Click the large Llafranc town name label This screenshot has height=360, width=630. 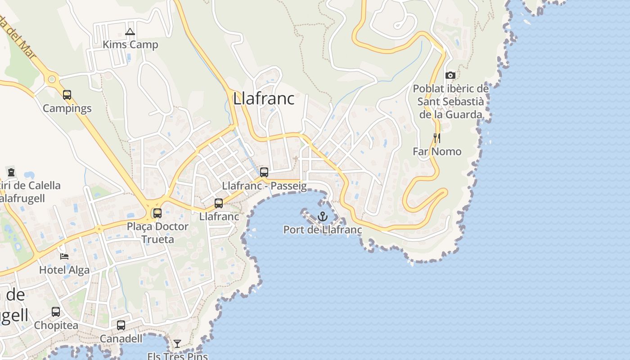tap(264, 99)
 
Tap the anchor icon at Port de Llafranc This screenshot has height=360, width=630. tap(322, 216)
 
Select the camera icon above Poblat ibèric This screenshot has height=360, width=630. tap(450, 75)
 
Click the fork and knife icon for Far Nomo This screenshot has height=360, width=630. tap(436, 138)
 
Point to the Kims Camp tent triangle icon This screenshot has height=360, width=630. tap(130, 31)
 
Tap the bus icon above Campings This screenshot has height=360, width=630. tap(67, 95)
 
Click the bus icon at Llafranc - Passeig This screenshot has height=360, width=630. tap(264, 172)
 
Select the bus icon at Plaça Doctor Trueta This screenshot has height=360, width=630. tap(157, 213)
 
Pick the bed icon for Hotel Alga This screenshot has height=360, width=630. tap(64, 256)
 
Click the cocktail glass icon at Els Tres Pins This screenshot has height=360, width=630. tap(177, 344)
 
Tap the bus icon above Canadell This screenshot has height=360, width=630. tap(121, 325)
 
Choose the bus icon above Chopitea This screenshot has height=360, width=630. tap(56, 312)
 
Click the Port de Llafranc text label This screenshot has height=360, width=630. tap(322, 230)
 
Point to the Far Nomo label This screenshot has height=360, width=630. tap(437, 152)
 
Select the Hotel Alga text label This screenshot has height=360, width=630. tap(64, 270)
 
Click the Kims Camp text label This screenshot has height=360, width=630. tap(130, 45)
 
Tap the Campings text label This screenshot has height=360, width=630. tap(67, 108)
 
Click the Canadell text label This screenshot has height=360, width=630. tap(121, 338)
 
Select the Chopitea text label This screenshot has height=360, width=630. tap(56, 325)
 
